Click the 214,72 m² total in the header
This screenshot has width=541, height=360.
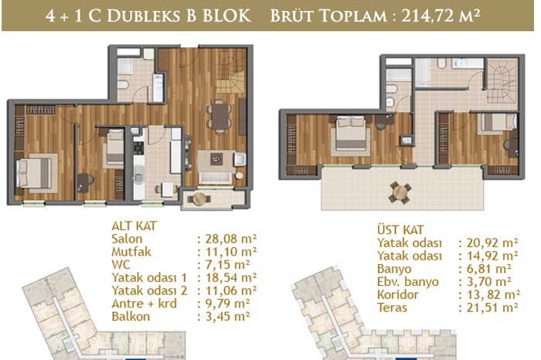(x=441, y=16)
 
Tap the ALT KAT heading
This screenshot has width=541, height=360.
(x=134, y=226)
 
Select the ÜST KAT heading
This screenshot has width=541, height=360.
(x=400, y=229)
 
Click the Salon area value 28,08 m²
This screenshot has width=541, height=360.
(x=231, y=239)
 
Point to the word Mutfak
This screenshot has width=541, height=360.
(x=131, y=252)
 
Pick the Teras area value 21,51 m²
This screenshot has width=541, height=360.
(x=492, y=307)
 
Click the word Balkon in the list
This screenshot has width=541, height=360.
(x=131, y=316)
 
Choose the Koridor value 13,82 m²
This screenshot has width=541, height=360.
(x=493, y=294)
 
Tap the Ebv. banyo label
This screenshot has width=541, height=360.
(x=408, y=282)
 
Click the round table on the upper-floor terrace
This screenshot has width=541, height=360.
(x=400, y=192)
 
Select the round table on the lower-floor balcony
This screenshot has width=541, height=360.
(x=199, y=199)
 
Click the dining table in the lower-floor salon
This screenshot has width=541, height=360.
(x=220, y=117)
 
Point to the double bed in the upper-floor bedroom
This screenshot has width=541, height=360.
(x=351, y=133)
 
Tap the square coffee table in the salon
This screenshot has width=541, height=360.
(x=216, y=159)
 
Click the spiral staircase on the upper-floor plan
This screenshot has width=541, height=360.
(x=502, y=81)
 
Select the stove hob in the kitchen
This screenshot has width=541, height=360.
(x=138, y=148)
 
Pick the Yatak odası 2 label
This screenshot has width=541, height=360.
(x=149, y=290)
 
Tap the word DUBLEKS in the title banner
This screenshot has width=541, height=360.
(x=145, y=16)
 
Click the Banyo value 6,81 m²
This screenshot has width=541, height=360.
(x=489, y=269)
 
